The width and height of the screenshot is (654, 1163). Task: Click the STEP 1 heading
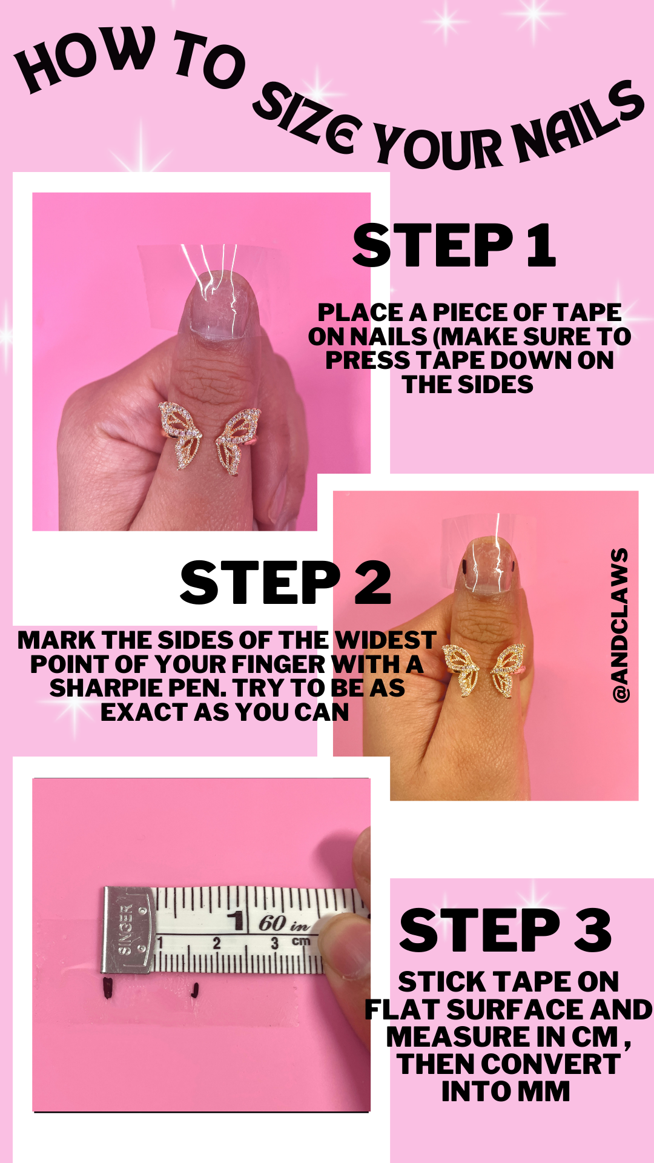(454, 245)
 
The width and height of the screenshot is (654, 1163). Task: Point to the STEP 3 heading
(506, 930)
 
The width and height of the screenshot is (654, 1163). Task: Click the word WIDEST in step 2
(385, 640)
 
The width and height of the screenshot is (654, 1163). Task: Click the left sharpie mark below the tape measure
(108, 989)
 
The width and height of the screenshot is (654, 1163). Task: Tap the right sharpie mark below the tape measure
(194, 990)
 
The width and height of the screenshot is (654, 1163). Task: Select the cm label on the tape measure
(301, 941)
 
